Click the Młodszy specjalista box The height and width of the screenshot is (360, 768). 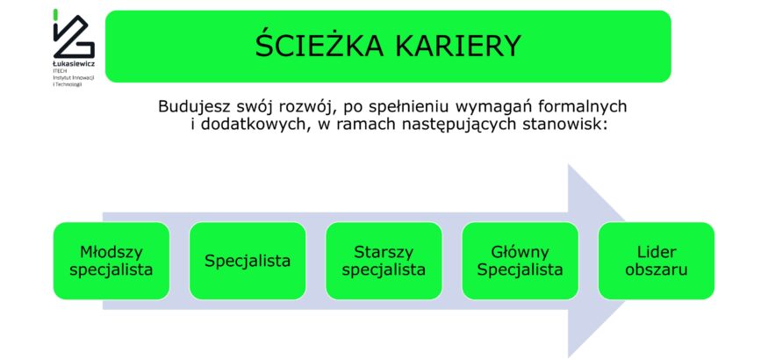point(111,261)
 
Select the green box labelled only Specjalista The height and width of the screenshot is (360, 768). point(248,261)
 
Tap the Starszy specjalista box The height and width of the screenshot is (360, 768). point(384,261)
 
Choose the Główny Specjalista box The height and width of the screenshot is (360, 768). point(520,261)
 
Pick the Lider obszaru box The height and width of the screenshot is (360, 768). point(657,261)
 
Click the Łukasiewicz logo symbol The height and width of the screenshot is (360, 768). point(73,33)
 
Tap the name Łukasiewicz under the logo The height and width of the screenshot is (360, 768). point(74,64)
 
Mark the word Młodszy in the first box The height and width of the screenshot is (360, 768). point(111,253)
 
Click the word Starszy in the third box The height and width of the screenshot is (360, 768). point(384,253)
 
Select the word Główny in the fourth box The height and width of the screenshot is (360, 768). point(520,253)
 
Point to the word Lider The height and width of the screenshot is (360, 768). point(657,252)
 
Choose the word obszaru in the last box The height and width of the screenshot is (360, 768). point(657,270)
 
